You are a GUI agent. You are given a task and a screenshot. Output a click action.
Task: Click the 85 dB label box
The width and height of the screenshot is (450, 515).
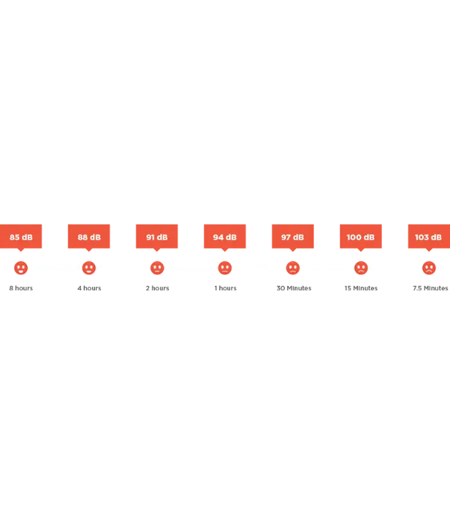(21, 236)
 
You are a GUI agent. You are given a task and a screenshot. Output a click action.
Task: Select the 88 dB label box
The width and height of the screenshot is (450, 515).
(89, 236)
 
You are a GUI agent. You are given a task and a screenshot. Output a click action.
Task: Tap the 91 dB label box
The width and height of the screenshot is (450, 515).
(157, 236)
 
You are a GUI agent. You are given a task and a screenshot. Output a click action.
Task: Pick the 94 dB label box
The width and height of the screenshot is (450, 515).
(224, 236)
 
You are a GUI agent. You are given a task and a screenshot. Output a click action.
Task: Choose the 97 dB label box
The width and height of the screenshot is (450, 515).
(293, 236)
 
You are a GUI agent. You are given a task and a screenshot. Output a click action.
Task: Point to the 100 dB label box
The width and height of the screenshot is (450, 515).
(361, 236)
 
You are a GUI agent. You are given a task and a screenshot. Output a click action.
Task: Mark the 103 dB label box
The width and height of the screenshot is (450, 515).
(429, 236)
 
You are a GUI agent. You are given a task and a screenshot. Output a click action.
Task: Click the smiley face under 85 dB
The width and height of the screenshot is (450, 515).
(21, 268)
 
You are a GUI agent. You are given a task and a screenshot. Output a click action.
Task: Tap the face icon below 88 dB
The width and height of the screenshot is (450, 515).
(89, 268)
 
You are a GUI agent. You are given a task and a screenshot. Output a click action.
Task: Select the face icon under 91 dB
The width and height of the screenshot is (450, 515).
(157, 268)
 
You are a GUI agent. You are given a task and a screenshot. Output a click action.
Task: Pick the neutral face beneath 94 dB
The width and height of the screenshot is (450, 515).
(225, 268)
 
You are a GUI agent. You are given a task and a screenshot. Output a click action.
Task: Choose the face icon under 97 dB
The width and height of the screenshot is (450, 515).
(293, 268)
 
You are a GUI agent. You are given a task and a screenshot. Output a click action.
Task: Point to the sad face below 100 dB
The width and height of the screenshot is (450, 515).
(361, 268)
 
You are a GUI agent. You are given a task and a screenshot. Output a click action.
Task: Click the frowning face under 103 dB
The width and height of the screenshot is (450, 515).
(429, 268)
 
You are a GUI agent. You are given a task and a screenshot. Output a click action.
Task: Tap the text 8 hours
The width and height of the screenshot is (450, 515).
(21, 288)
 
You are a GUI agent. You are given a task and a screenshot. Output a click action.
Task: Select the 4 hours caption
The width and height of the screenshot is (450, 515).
(89, 288)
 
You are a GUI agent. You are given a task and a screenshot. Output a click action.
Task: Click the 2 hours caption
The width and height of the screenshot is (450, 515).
(157, 288)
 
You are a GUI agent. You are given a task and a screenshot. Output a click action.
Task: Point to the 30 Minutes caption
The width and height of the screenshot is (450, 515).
(294, 288)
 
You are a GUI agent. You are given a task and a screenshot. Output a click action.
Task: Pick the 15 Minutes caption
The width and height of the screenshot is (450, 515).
(361, 288)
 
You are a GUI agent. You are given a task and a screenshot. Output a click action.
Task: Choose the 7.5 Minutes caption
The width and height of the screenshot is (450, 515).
(430, 288)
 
